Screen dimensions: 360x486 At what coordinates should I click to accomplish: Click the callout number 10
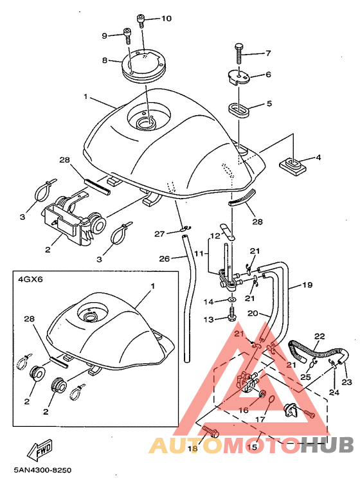click(166, 19)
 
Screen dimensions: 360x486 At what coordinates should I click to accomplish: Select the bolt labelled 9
click(127, 35)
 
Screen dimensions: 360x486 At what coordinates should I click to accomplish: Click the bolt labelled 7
click(239, 53)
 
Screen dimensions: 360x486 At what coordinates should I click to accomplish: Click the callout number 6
click(268, 75)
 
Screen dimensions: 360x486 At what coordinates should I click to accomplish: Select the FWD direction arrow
click(39, 450)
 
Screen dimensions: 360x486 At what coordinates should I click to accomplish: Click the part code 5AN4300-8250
click(42, 470)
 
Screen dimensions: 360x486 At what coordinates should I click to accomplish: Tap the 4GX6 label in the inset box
click(30, 280)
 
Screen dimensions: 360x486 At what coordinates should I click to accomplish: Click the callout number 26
click(165, 258)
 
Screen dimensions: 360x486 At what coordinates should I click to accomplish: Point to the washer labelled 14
click(232, 300)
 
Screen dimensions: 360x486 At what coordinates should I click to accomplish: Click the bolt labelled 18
click(211, 432)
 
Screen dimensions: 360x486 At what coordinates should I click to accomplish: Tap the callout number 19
click(307, 285)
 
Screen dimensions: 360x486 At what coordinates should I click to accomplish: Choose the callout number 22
click(319, 336)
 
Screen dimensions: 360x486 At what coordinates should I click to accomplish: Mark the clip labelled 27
click(186, 228)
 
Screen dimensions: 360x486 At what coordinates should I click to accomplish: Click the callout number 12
click(215, 235)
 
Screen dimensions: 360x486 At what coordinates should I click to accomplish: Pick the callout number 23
click(346, 382)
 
